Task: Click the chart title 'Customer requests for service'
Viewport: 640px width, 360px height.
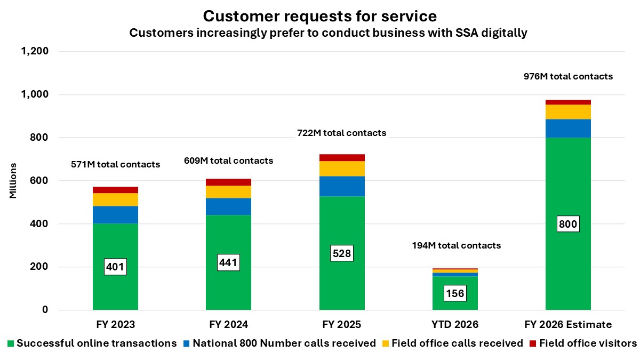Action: point(320,15)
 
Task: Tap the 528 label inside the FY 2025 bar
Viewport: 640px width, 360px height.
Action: point(342,253)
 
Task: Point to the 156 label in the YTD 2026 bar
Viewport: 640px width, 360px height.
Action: point(455,293)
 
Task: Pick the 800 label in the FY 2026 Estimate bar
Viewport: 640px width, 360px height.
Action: point(568,224)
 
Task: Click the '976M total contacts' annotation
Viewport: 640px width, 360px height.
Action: point(568,76)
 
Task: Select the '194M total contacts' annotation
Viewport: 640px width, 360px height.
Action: point(456,245)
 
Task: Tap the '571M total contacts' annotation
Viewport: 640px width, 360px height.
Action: point(115,164)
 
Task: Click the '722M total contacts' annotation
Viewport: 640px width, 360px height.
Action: point(341,133)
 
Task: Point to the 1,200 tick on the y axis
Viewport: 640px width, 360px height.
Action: point(35,52)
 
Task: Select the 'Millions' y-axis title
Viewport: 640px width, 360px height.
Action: point(13,181)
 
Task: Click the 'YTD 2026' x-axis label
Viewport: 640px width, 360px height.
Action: point(455,324)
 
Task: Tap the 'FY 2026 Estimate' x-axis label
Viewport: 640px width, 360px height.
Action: point(568,324)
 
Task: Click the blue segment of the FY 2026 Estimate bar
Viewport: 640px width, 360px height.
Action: point(568,128)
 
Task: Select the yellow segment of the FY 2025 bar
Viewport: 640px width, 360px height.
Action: point(342,169)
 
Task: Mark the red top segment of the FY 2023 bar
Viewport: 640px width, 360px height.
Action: point(115,190)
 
